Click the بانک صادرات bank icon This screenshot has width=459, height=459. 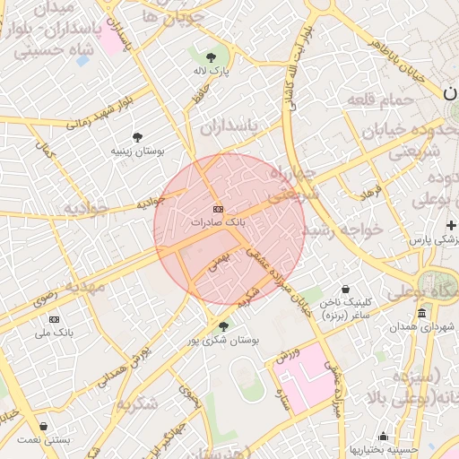(219, 208)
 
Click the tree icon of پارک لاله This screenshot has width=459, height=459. (211, 56)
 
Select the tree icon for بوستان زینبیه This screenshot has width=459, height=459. (137, 137)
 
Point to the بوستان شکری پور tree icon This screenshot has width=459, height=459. (223, 326)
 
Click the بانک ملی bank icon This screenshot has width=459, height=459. (55, 319)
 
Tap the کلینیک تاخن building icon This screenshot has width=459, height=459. (345, 290)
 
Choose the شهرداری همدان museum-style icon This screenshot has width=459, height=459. (422, 312)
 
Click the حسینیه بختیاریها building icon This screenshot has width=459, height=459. (384, 436)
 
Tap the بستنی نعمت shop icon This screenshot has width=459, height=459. (43, 427)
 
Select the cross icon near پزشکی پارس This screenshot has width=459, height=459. (450, 225)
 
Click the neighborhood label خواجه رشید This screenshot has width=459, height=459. (342, 229)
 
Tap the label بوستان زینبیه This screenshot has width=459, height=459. (137, 152)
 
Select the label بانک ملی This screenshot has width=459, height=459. (53, 333)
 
